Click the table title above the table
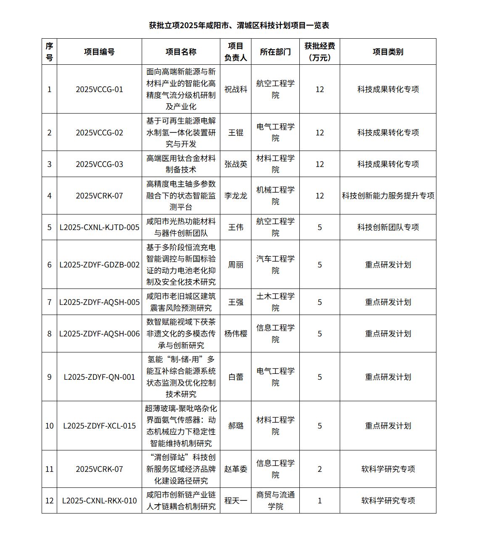(239, 25)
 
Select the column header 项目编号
(99, 52)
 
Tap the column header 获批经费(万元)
(320, 52)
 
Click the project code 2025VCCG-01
(99, 89)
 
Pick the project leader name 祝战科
(235, 89)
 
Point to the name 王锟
(235, 132)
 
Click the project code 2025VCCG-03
(99, 164)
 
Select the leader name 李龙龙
(235, 196)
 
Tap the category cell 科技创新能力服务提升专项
(388, 196)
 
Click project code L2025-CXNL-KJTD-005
(99, 227)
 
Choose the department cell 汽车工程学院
(275, 265)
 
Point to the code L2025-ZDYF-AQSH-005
(99, 302)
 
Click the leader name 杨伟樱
(235, 334)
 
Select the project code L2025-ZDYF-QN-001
(99, 377)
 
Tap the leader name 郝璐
(235, 426)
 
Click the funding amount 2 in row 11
(320, 469)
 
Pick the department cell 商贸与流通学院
(275, 500)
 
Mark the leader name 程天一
(235, 500)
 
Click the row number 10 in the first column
(49, 426)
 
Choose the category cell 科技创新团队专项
(388, 227)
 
